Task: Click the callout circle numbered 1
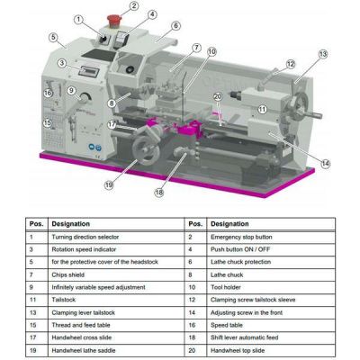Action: [x=78, y=19]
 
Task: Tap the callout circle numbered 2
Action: [x=133, y=6]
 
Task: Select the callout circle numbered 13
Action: [x=322, y=54]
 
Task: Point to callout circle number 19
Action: [x=109, y=185]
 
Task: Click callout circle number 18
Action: [x=160, y=193]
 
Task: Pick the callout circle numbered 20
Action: [x=217, y=97]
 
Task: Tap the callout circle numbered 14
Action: [x=325, y=163]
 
